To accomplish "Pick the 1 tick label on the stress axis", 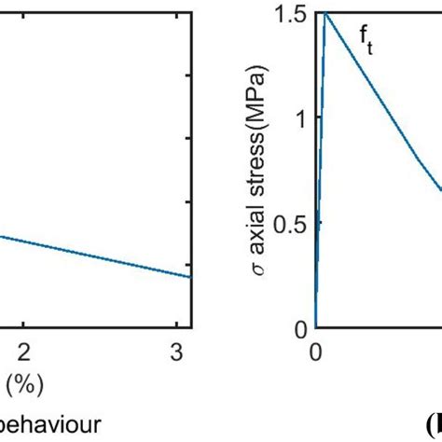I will pyautogui.click(x=300, y=117).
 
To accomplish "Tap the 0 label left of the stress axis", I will pyautogui.click(x=301, y=329).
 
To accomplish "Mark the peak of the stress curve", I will pyautogui.click(x=325, y=12).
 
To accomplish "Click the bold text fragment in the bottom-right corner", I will pyautogui.click(x=430, y=423).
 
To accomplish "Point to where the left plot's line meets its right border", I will pyautogui.click(x=191, y=276).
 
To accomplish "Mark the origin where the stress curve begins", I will pyautogui.click(x=316, y=328).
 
